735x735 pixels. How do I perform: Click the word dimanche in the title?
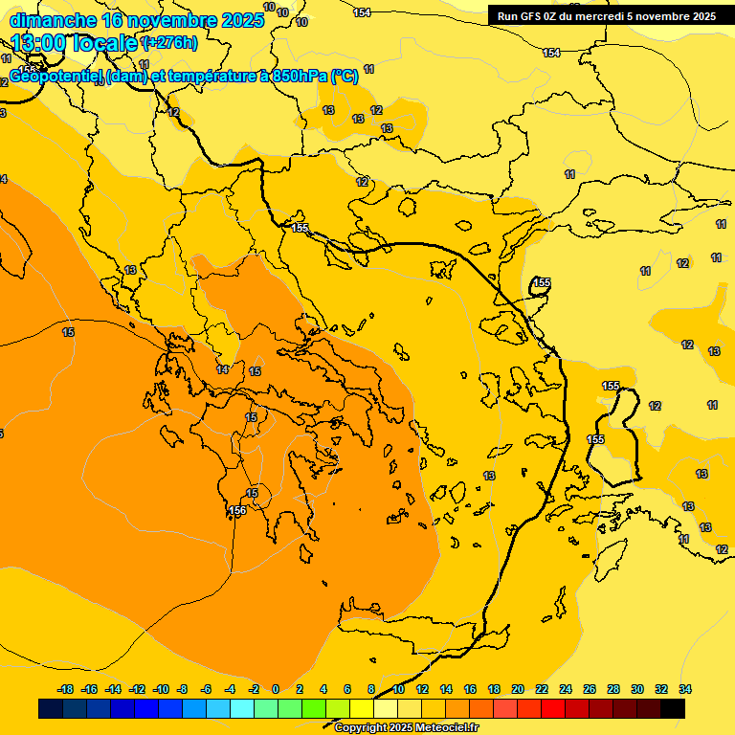click(x=52, y=20)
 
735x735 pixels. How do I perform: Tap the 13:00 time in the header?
click(x=42, y=43)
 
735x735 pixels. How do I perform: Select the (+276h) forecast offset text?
click(x=169, y=43)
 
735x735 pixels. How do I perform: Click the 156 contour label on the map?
click(x=237, y=511)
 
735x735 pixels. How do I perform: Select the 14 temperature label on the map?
click(x=222, y=369)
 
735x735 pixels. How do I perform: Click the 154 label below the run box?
click(x=551, y=53)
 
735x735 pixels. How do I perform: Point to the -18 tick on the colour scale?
click(x=65, y=689)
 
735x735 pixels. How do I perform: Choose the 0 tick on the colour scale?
click(x=276, y=689)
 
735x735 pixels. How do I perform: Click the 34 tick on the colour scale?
click(x=685, y=689)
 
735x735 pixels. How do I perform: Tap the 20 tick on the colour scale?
click(x=518, y=689)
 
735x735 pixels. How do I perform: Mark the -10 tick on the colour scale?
click(x=161, y=689)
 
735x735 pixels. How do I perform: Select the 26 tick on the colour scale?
click(x=590, y=689)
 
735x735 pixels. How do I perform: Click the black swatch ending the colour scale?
click(x=673, y=708)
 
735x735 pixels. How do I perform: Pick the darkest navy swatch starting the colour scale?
click(x=51, y=708)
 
